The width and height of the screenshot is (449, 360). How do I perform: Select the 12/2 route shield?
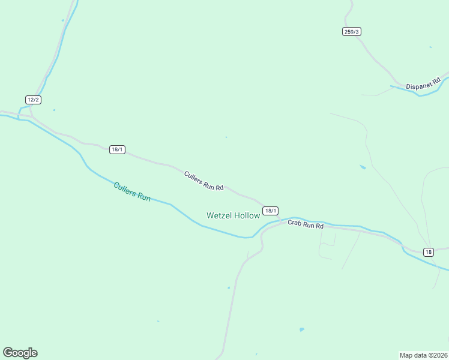tap(33, 100)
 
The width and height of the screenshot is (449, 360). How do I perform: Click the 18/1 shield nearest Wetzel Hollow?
tap(270, 211)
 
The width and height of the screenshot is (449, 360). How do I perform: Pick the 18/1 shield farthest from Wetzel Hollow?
tap(117, 149)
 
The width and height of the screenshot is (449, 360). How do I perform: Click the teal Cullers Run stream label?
tap(132, 191)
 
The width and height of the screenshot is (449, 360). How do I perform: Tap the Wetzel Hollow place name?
tap(233, 215)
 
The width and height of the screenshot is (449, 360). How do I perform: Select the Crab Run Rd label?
tap(306, 224)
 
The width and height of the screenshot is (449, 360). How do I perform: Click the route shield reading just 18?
tap(428, 252)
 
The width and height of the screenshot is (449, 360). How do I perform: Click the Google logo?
tap(20, 353)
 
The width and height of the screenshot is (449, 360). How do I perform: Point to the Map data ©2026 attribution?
tap(424, 355)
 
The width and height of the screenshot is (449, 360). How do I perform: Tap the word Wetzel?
tap(218, 215)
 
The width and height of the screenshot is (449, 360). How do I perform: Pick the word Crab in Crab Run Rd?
tap(294, 223)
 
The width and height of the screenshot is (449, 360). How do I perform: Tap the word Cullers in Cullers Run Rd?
tap(194, 177)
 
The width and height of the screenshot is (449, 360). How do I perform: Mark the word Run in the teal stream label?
tap(143, 196)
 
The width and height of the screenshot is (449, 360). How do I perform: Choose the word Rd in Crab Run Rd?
tap(319, 226)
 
